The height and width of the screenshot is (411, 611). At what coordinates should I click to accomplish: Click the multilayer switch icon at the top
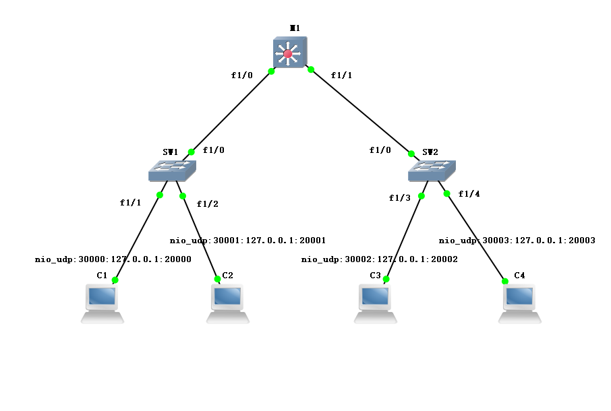(290, 53)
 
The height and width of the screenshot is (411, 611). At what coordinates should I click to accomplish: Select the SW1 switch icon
(172, 170)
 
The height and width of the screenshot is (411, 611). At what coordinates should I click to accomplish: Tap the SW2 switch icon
(432, 170)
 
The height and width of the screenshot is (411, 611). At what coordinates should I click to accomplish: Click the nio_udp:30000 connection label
(113, 259)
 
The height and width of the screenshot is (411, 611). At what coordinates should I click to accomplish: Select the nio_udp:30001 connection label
(248, 240)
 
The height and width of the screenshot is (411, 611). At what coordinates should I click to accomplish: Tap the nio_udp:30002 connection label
(380, 259)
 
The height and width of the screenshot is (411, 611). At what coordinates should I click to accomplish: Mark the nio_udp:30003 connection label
(517, 240)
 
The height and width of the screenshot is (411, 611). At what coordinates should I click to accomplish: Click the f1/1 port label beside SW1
(130, 203)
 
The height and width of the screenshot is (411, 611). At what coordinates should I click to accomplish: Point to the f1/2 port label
(207, 203)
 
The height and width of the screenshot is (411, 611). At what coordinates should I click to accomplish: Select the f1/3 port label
(399, 198)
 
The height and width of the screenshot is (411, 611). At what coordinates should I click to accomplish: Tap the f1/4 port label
(469, 194)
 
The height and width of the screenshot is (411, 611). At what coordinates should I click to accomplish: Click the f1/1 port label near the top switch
(342, 75)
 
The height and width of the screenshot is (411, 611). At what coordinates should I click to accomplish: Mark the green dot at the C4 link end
(505, 282)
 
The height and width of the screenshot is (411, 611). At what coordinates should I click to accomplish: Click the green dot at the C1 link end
(115, 280)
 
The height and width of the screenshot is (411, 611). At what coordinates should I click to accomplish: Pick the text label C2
(228, 275)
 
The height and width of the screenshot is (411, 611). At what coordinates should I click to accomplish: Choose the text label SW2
(430, 152)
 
